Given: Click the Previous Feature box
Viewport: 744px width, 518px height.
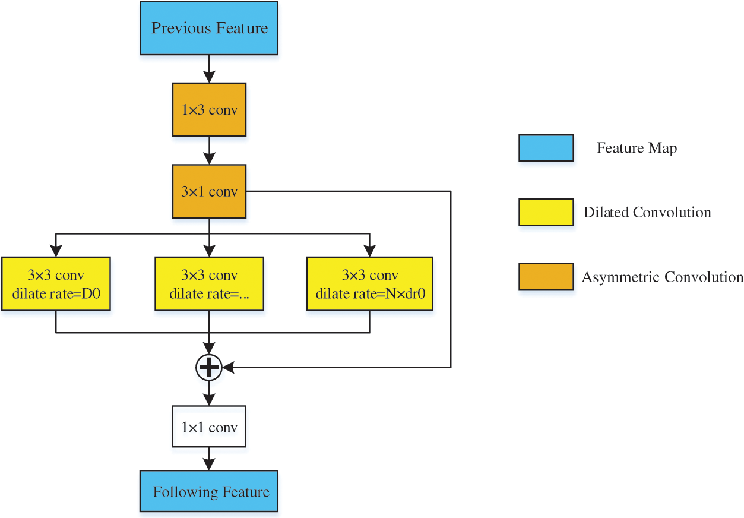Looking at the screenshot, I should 209,28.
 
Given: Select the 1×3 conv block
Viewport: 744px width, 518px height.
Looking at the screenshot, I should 209,110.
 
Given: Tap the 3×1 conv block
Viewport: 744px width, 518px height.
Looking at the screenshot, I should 209,191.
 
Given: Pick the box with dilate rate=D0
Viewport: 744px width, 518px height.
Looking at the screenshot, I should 55,283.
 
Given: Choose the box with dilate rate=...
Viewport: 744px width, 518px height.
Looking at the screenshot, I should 209,283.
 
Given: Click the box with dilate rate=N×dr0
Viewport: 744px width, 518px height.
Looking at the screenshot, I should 369,283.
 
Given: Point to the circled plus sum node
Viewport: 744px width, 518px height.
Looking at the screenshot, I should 208,368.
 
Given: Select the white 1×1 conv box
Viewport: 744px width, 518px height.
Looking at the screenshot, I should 209,427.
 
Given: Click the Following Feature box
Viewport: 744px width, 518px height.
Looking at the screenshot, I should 209,491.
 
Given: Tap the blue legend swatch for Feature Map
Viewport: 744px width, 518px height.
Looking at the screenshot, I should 546,148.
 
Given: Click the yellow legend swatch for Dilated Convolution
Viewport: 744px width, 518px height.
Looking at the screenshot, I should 546,212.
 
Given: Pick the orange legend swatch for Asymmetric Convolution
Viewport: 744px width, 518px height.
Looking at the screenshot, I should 546,277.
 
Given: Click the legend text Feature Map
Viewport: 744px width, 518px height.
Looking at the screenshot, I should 637,148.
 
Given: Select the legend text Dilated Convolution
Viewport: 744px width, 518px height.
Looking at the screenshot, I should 647,212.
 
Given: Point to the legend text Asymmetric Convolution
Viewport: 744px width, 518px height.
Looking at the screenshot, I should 662,277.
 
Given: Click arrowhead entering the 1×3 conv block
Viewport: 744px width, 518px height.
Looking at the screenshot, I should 209,77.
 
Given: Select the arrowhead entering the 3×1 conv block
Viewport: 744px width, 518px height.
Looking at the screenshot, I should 209,159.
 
